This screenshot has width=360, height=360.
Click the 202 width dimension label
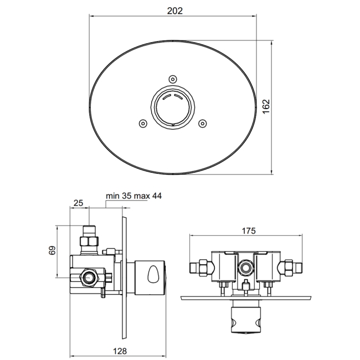pos(174,11)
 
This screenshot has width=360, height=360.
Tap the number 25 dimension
pos(78,204)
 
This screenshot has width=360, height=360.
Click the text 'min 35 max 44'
pos(134,196)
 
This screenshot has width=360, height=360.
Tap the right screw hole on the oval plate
pos(204,123)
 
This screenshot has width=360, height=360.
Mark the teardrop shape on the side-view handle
pos(153,273)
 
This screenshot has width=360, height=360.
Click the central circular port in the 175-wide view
pos(245,269)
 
